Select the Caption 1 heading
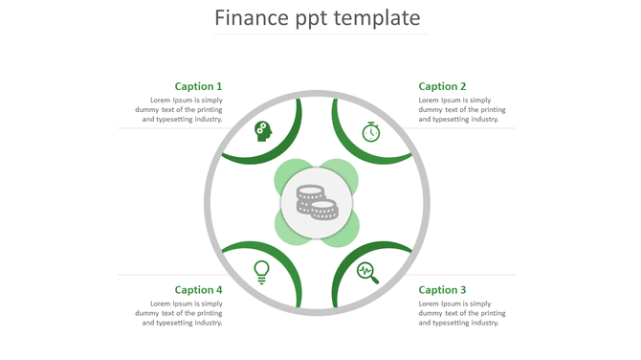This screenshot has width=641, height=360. [198, 86]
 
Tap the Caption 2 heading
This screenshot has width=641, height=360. [442, 86]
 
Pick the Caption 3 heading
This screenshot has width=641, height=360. [442, 290]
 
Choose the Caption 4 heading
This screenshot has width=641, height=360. [198, 290]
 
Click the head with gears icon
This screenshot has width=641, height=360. [263, 131]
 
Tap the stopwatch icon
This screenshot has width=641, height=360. [371, 131]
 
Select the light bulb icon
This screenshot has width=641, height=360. [261, 272]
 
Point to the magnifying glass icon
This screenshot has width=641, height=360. [368, 273]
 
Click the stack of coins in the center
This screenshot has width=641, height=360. [317, 201]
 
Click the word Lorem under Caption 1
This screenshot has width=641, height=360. [162, 101]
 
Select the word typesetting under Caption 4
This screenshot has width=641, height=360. [178, 324]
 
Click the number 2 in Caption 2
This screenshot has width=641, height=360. [463, 86]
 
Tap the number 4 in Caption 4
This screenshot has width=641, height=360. [219, 290]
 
